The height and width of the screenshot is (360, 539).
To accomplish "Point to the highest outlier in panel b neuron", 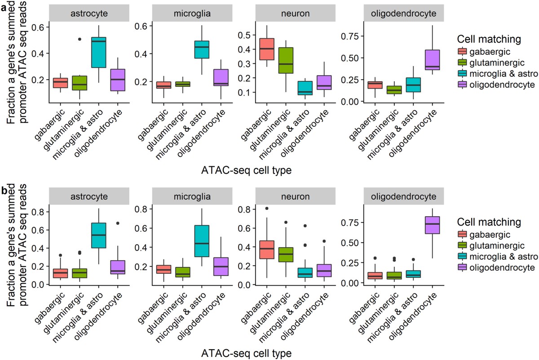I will pyautogui.click(x=267, y=209).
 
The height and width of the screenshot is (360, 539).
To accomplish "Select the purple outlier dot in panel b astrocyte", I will pyautogui.click(x=118, y=223).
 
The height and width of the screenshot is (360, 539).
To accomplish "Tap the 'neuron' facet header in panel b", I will pyautogui.click(x=294, y=197).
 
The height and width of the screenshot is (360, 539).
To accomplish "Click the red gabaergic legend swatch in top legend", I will pyautogui.click(x=462, y=51).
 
